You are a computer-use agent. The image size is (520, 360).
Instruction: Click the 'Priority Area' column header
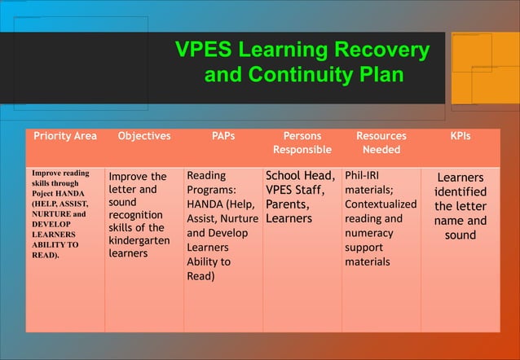pos(64,136)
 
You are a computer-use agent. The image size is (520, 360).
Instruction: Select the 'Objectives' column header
pos(144,136)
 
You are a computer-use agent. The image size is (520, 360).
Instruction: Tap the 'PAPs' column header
pos(223,136)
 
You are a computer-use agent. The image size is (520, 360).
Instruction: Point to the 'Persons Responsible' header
pos(302,143)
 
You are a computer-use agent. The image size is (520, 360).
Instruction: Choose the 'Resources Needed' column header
pos(381,143)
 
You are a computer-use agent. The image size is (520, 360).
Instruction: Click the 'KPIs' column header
pos(461,136)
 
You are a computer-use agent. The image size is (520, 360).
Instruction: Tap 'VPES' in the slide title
pos(205,50)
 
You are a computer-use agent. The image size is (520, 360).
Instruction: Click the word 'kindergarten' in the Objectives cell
pos(139,241)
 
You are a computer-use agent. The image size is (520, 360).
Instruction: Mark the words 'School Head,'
pos(301,175)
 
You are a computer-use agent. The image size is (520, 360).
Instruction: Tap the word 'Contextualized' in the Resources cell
pos(381,204)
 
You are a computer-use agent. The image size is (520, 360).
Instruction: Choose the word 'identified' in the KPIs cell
pos(461,192)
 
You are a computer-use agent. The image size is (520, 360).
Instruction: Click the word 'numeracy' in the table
pos(368,233)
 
